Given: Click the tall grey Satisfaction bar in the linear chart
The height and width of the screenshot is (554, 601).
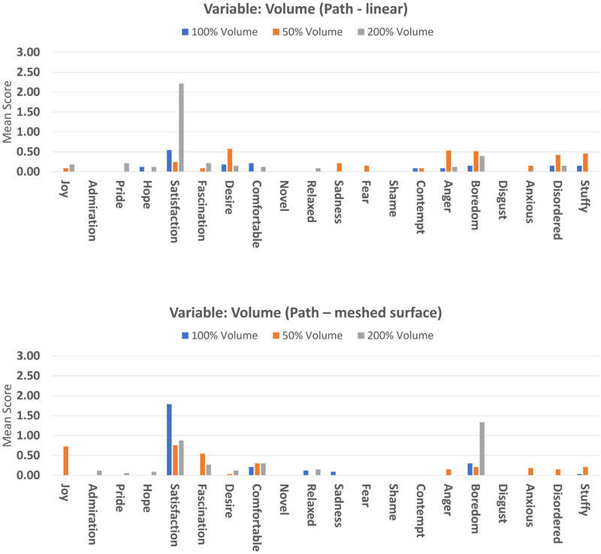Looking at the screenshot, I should click(x=181, y=128).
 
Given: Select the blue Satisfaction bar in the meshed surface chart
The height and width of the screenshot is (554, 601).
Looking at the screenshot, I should click(x=169, y=440).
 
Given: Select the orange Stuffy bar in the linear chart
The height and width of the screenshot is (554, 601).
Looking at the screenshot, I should click(x=584, y=162).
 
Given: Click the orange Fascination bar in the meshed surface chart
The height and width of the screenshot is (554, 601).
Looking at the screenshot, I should click(x=202, y=465).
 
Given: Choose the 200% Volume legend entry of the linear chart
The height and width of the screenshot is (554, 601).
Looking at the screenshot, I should click(x=403, y=32).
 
